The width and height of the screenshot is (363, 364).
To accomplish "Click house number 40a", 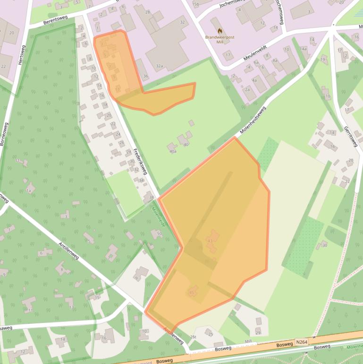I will coord(172,151).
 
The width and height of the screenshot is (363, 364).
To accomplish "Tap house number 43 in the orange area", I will coord(210,241).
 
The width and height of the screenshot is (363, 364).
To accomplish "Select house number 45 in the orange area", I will coord(191,293).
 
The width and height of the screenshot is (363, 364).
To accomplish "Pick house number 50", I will coord(159,233).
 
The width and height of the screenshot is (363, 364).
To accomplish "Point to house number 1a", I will coord(29,191).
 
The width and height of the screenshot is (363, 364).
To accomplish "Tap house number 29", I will coord(258,333).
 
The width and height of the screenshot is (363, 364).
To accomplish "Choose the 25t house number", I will coord(193,336).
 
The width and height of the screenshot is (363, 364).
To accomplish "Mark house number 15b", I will coord(195,4).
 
